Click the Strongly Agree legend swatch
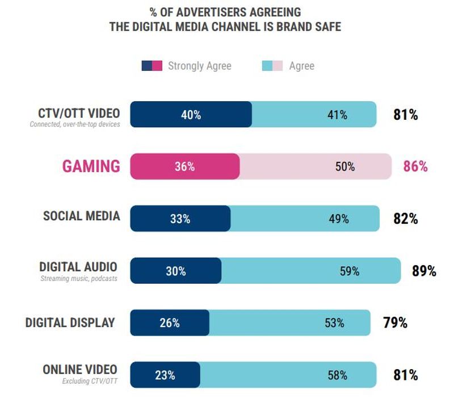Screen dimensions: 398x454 [152, 65]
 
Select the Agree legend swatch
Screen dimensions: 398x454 [272, 65]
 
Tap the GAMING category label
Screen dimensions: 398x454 [91, 166]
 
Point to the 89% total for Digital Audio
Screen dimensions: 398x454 [424, 271]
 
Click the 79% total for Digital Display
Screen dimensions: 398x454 [395, 323]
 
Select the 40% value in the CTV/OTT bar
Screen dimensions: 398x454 [191, 115]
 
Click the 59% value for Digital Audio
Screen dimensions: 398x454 [349, 271]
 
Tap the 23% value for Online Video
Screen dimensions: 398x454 [165, 375]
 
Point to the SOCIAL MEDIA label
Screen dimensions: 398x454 [82, 216]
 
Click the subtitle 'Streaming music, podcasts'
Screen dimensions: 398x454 [79, 279]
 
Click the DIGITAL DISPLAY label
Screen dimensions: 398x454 [70, 322]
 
